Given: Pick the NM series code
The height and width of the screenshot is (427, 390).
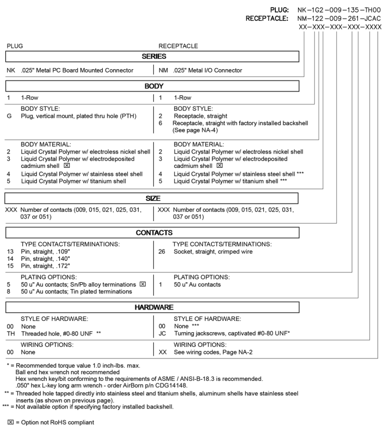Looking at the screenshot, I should (162, 70).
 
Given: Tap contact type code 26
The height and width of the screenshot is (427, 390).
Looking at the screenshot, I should (162, 252).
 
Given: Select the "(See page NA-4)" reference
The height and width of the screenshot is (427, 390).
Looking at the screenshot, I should (199, 130).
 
